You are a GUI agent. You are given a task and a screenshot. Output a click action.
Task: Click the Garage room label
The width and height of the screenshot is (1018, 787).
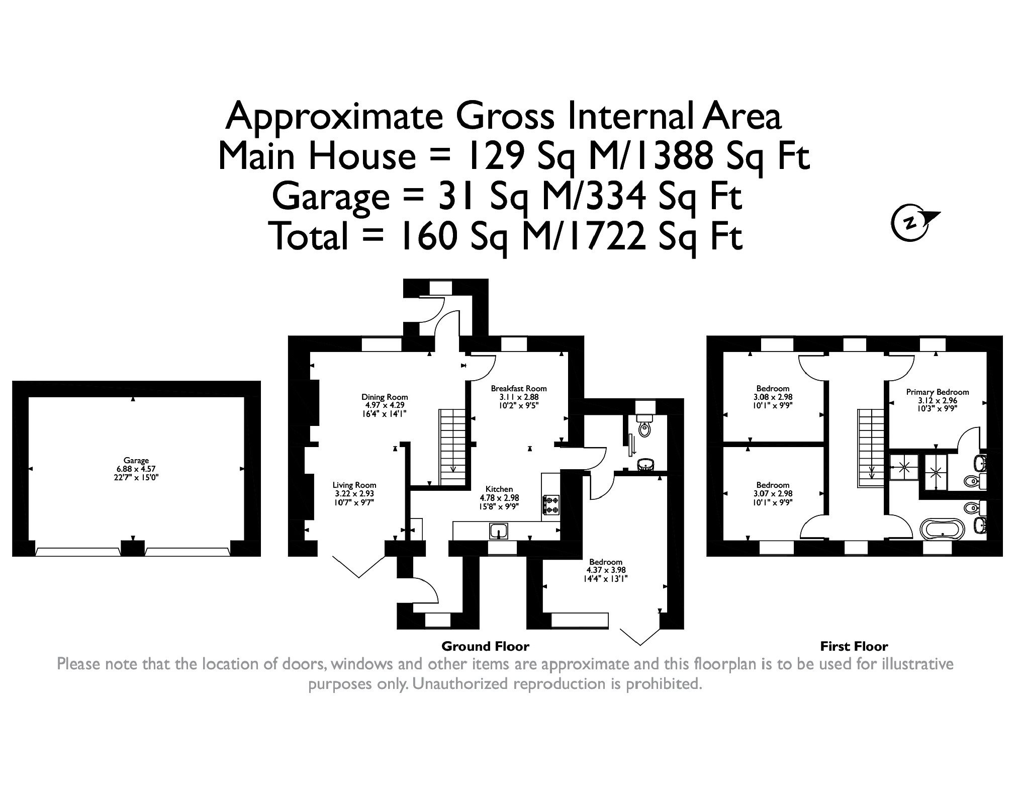[x=136, y=460]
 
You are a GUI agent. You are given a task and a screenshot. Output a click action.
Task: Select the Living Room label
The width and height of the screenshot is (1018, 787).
[x=354, y=485]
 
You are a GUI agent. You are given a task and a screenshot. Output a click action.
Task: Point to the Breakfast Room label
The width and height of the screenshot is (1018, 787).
[x=519, y=389]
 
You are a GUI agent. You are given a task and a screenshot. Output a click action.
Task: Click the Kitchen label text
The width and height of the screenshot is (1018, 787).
[x=499, y=489]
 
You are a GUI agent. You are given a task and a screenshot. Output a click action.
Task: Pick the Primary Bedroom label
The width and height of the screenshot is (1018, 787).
[x=938, y=392]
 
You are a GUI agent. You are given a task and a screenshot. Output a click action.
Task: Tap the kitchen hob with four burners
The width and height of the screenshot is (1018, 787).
[x=551, y=505]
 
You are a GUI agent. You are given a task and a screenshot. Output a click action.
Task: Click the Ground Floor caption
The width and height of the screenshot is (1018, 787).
[x=485, y=646]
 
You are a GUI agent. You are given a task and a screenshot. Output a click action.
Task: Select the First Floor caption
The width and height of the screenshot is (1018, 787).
[x=854, y=646]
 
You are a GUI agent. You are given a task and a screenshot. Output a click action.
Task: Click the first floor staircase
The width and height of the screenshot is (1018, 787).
[x=870, y=448]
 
